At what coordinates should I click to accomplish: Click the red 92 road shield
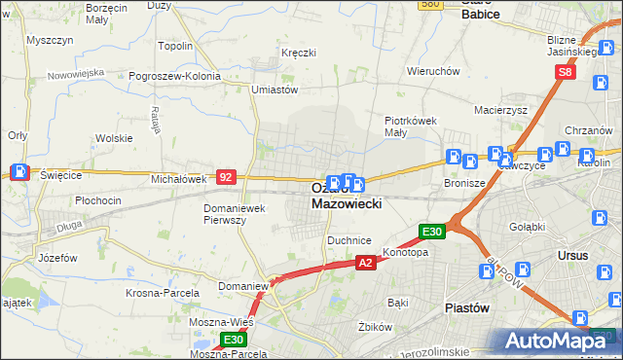pos(226,177)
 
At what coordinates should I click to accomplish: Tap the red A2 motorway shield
pos(365,263)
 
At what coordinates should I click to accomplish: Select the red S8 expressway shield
pos(566,73)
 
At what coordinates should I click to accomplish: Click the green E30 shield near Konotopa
pos(432,232)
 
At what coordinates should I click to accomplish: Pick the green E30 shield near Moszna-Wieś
pos(233,340)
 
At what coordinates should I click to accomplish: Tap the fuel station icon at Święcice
pos(19,172)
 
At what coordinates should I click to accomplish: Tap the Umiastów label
pos(274,90)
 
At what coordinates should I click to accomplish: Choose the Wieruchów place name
pos(433,71)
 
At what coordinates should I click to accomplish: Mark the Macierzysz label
pos(500,111)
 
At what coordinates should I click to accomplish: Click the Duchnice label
pos(349,239)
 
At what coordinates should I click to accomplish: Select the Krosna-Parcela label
pos(163,292)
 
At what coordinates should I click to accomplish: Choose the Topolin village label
pos(175,45)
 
